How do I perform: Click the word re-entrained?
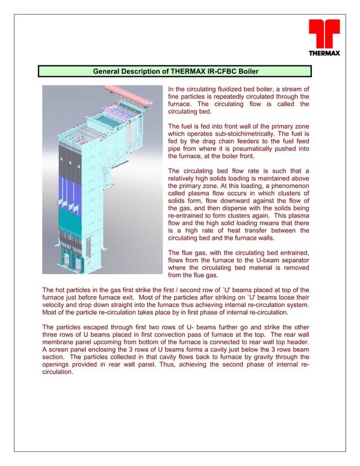[x=189, y=216]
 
